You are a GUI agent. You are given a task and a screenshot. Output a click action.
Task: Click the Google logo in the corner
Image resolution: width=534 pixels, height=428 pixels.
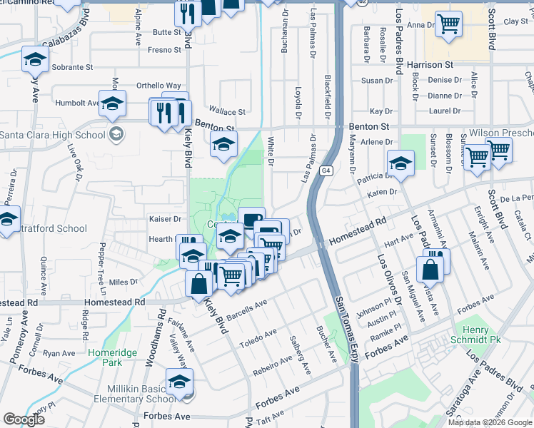coord(24,419)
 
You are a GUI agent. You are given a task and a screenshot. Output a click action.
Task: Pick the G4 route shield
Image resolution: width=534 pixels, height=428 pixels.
coord(326,170)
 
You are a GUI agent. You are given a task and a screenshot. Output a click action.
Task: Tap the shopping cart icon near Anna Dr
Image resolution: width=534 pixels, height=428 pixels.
coord(448,25)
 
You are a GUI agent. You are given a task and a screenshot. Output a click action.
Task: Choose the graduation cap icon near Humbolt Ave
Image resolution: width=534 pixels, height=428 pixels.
coord(112,103)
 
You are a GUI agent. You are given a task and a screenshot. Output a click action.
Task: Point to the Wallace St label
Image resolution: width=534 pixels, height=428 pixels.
coord(231,112)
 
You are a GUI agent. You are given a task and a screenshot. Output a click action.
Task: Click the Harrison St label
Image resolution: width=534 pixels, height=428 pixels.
coord(430,66)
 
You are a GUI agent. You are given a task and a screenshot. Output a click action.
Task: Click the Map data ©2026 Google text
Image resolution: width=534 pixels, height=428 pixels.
coord(490,422)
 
